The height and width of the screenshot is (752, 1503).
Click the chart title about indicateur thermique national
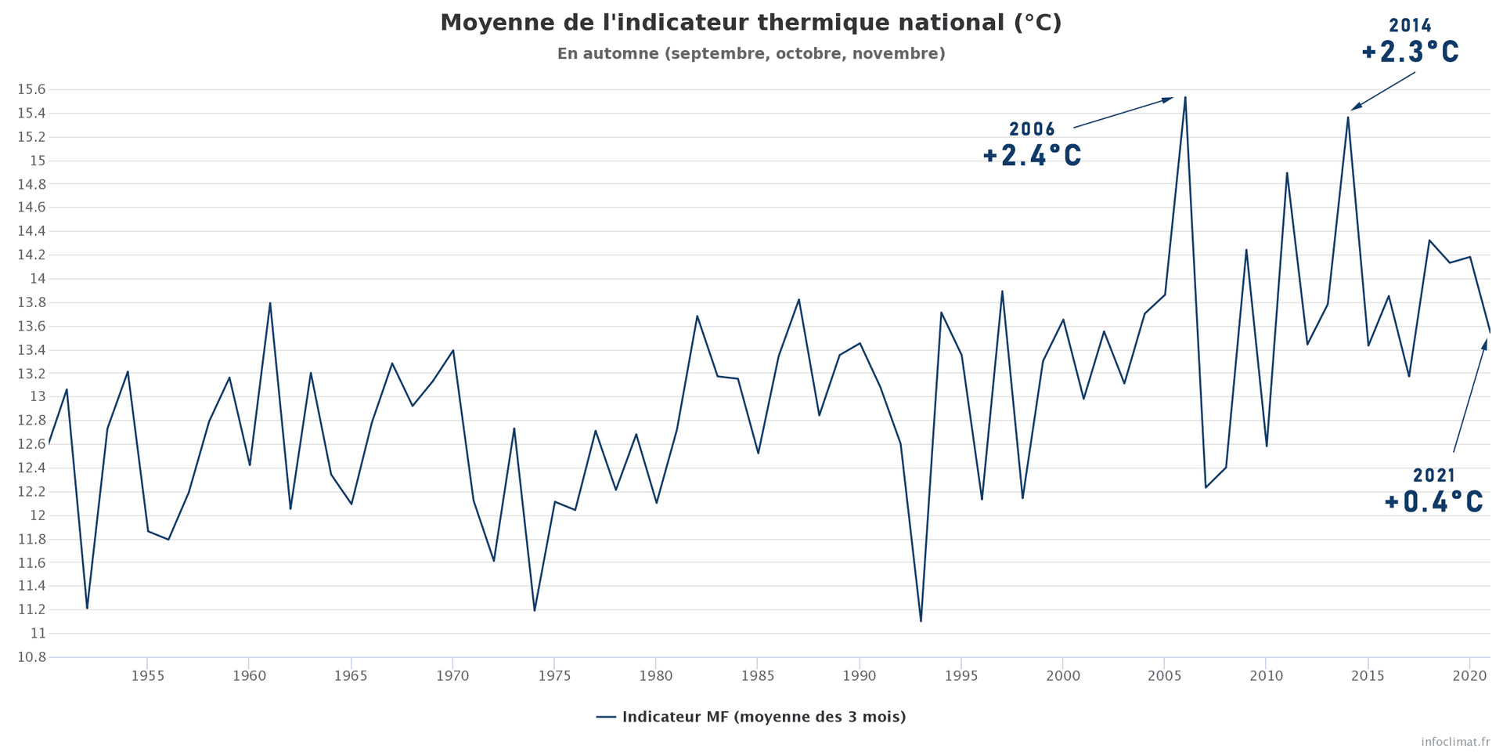pos(751,23)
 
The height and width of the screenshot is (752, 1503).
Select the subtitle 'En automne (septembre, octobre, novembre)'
pos(751,54)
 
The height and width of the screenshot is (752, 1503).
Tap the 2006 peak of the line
pos(1185,98)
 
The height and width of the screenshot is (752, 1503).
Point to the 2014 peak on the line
pos(1348,117)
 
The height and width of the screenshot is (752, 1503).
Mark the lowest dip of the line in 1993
pos(921,621)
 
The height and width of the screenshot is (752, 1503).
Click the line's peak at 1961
pos(270,303)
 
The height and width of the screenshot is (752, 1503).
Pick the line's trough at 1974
pos(535,610)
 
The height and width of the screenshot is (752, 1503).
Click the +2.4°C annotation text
pos(1032,156)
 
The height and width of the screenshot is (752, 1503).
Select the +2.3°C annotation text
pos(1410,52)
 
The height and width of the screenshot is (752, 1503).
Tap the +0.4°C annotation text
pos(1433,502)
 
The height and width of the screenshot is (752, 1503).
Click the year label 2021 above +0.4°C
pos(1434,475)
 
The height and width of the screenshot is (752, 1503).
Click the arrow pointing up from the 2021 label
pos(1469,396)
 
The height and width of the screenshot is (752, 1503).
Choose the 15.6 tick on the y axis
pos(31,89)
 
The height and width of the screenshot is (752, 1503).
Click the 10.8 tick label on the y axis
pos(31,657)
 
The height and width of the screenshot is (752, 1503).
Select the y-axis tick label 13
pos(38,397)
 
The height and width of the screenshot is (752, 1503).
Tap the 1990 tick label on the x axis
pos(860,675)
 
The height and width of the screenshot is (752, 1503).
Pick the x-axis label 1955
pos(147,675)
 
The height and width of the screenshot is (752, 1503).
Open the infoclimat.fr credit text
pos(1455,741)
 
